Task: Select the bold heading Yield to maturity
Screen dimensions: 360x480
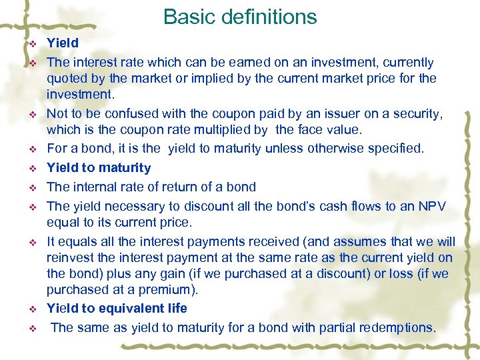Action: click(x=99, y=168)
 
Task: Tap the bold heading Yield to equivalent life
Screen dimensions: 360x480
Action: click(x=117, y=309)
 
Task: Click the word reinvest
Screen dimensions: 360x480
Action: click(x=69, y=257)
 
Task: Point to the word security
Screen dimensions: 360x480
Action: click(x=416, y=115)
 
